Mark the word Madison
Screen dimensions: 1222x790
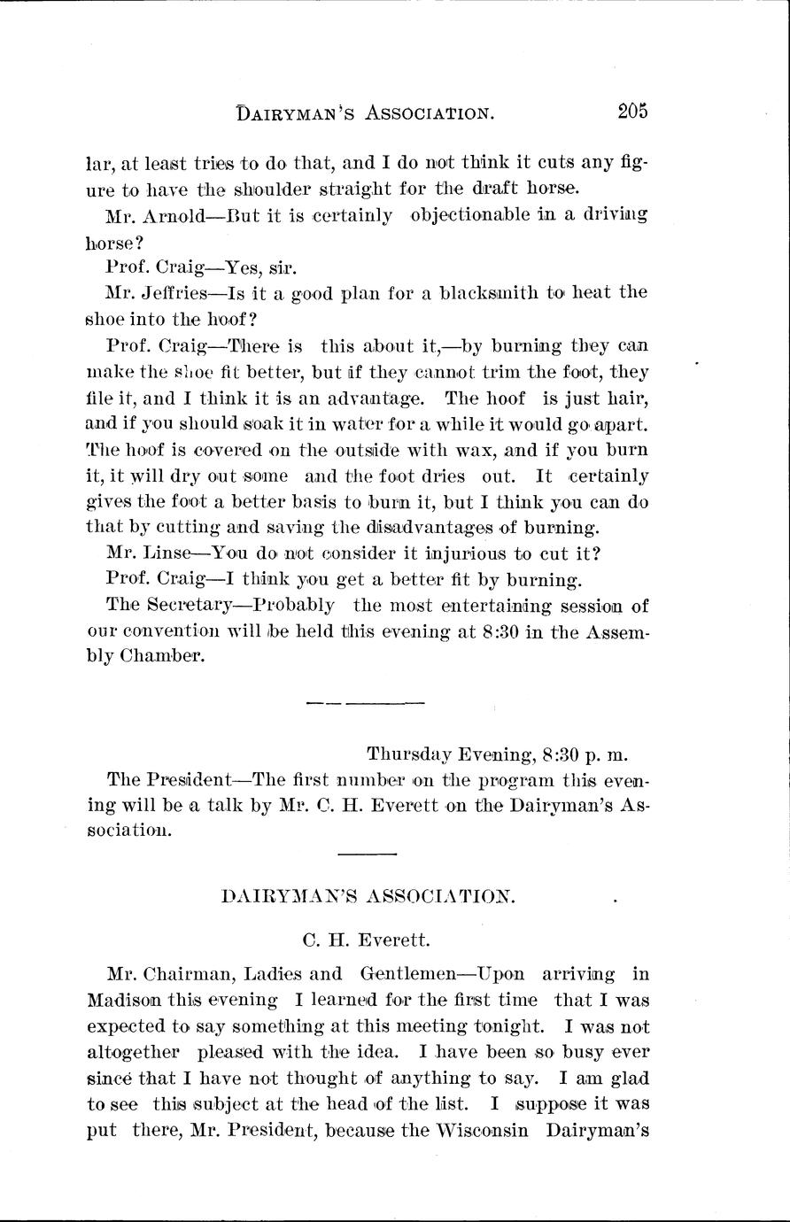pos(123,1001)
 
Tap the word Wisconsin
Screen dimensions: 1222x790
pos(484,1132)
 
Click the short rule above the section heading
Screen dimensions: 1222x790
pos(367,855)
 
